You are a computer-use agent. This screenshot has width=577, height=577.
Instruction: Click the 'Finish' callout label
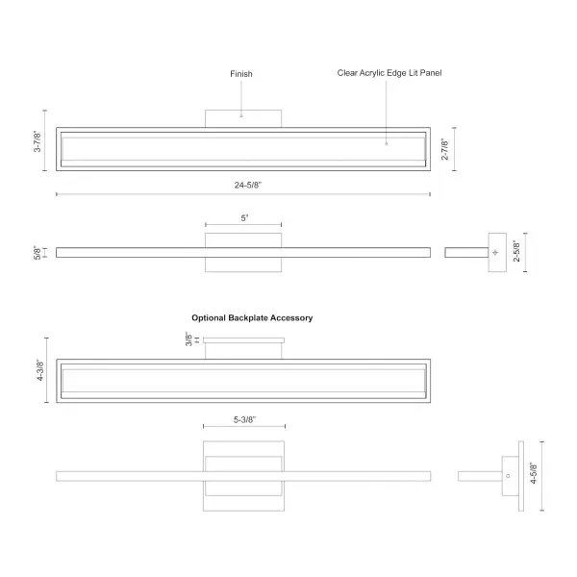pos(241,74)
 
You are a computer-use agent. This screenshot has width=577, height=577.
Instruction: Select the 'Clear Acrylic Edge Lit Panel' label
pos(389,73)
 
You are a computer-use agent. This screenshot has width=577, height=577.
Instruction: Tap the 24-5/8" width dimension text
pos(248,185)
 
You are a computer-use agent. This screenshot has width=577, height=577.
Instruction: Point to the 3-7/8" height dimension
pos(38,141)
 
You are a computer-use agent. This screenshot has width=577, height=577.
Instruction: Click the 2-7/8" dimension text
pos(445,149)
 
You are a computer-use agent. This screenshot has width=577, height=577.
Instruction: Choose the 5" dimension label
pos(244,218)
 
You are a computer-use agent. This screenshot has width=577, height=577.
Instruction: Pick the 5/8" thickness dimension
pos(38,252)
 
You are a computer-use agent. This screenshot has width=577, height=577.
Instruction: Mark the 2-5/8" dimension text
pos(516,251)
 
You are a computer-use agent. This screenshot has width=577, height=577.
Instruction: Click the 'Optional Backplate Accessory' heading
pos(252,318)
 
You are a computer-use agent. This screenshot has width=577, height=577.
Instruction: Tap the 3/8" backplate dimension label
pos(188,339)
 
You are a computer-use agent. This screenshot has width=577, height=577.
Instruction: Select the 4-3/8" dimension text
pos(40,370)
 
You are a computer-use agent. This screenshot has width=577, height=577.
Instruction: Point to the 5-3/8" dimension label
pos(244,419)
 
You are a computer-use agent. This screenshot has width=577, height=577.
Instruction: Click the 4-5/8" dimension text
pos(534,473)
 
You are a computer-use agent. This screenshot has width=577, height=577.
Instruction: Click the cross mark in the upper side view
pos(495,252)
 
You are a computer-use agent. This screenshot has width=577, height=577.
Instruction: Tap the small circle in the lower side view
pos(508,476)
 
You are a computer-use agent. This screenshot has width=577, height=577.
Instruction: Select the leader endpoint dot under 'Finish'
pos(241,116)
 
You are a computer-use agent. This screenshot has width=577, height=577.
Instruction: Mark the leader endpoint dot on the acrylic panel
pos(386,144)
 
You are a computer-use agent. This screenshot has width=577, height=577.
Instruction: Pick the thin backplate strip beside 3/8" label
pos(243,340)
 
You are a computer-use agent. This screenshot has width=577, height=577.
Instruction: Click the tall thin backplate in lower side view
pos(521,476)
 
